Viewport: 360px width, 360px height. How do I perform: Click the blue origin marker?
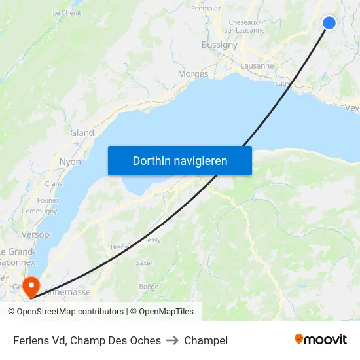pyautogui.click(x=329, y=23)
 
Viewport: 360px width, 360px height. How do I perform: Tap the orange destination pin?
pyautogui.click(x=31, y=286)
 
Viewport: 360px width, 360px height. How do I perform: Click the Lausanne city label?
pyautogui.click(x=257, y=66)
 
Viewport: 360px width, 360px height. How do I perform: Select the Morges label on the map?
pyautogui.click(x=193, y=74)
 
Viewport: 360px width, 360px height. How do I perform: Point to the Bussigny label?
pyautogui.click(x=220, y=45)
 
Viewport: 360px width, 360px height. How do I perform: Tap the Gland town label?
pyautogui.click(x=82, y=133)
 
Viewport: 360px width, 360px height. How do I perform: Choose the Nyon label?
pyautogui.click(x=70, y=162)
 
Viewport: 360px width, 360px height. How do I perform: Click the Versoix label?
pyautogui.click(x=36, y=234)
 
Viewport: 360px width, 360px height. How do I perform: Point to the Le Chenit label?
pyautogui.click(x=67, y=12)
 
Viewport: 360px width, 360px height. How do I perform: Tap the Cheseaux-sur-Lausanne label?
pyautogui.click(x=247, y=26)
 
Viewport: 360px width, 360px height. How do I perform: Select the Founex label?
pyautogui.click(x=48, y=200)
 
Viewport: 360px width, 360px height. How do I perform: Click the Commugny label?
pyautogui.click(x=39, y=211)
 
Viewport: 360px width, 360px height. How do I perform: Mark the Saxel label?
pyautogui.click(x=143, y=262)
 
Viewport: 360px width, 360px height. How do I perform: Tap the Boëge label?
pyautogui.click(x=149, y=287)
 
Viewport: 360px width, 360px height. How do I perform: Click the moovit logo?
pyautogui.click(x=320, y=340)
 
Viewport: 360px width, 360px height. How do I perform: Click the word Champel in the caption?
pyautogui.click(x=206, y=340)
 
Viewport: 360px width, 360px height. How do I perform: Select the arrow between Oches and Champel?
pyautogui.click(x=173, y=340)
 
